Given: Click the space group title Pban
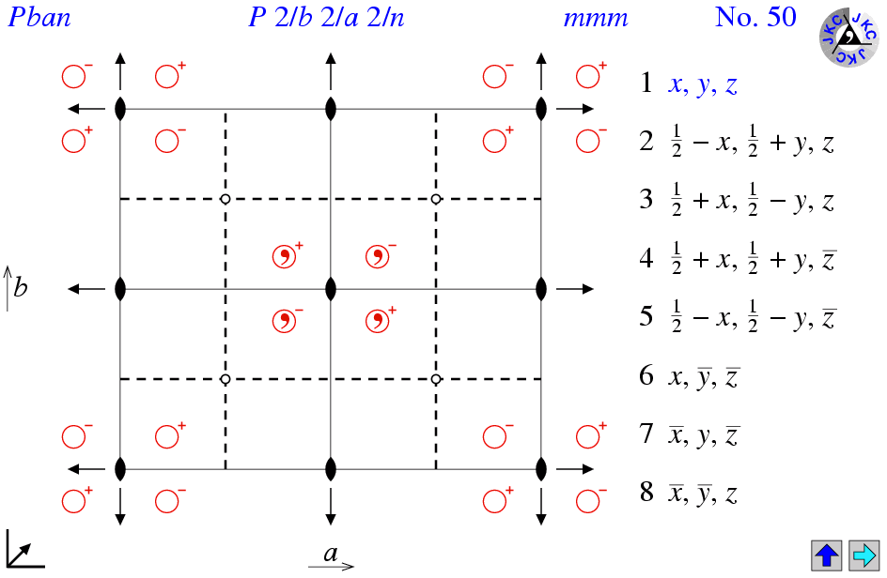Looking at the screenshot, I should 39,18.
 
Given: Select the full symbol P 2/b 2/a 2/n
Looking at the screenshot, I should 326,18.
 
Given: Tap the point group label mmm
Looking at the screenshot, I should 596,18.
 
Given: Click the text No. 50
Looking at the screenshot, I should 755,17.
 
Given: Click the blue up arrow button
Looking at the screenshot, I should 826,555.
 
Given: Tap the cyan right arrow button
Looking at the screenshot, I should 864,555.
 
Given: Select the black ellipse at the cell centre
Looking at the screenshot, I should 331,289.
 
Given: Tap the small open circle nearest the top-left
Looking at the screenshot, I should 225,199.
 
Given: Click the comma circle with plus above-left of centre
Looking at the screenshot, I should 283,256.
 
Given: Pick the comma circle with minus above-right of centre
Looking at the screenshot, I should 376,256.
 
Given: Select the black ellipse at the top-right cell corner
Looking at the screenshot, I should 541,109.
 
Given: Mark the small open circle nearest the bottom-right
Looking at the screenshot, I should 436,379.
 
